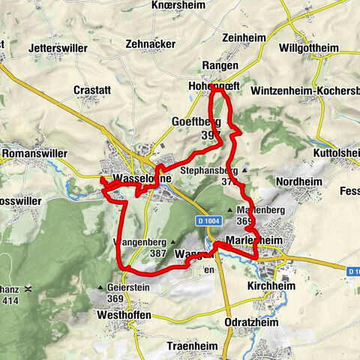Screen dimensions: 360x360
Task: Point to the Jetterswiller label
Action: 58,48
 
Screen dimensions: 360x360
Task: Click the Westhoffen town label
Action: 124,316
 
